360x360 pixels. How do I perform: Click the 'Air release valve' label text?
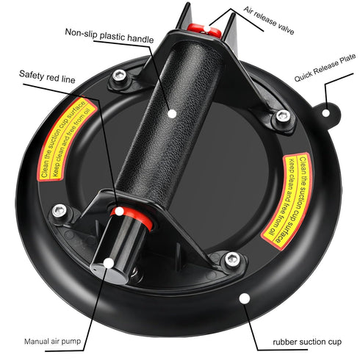point(269,21)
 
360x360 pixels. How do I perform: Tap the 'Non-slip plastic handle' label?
point(109,36)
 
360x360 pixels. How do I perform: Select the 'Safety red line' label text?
point(47,76)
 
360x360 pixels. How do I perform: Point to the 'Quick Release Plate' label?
point(325,68)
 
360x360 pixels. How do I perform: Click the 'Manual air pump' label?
point(52,341)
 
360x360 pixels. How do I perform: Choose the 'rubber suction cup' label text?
point(307,342)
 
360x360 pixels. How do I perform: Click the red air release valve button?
point(204,30)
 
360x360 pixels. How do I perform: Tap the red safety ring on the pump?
point(132,217)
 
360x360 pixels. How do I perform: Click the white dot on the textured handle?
point(173,114)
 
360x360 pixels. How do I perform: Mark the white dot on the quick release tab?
point(325,113)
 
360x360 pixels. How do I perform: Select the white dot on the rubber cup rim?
point(245,298)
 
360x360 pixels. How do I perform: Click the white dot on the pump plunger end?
point(109,263)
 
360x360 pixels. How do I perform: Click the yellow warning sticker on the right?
point(288,201)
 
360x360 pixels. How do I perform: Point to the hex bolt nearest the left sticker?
point(120,75)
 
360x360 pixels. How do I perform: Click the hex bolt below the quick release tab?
point(283,116)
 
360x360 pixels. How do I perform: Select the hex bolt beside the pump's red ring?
point(60,211)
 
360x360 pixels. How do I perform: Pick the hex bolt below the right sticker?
point(232,259)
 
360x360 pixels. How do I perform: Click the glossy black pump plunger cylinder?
point(118,248)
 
